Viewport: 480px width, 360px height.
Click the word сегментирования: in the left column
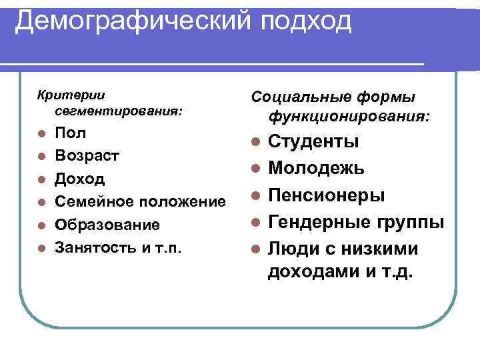(x=119, y=109)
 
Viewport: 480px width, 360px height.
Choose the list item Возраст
(x=87, y=156)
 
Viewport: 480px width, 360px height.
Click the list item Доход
(x=80, y=179)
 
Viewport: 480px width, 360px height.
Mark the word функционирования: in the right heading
(x=349, y=118)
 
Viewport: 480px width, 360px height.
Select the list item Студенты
(x=313, y=142)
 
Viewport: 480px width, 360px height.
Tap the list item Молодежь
(x=316, y=169)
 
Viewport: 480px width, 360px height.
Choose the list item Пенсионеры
(x=326, y=195)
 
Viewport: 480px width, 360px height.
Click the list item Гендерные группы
(x=356, y=222)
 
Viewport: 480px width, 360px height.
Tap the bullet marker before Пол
(x=41, y=133)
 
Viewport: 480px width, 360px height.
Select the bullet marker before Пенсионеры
(x=254, y=196)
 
